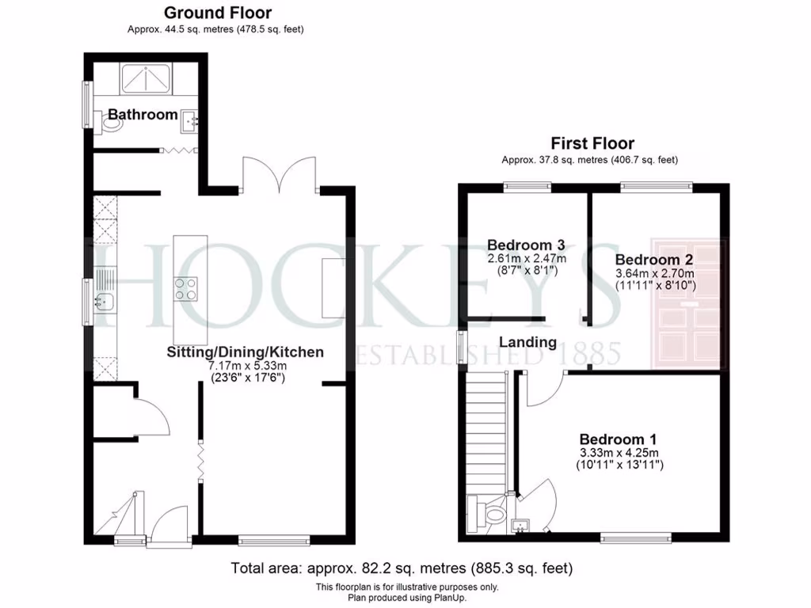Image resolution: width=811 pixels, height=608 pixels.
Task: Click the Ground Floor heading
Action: (217, 13)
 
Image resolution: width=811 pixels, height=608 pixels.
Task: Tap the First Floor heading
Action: (592, 143)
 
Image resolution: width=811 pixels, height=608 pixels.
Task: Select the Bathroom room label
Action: (143, 115)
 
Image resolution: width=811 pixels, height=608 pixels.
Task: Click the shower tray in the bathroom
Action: (148, 78)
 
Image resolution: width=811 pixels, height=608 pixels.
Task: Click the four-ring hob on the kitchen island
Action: (185, 289)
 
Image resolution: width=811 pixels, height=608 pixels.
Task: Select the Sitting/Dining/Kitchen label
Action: (245, 351)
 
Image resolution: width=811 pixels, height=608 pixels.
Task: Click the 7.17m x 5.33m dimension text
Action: (245, 366)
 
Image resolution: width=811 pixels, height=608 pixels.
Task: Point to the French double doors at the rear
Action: (279, 174)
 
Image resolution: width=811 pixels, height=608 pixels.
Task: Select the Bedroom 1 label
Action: (619, 439)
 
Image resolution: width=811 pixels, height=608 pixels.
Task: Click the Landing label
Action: (527, 342)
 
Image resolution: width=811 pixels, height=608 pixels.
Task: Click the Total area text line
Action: (402, 568)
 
